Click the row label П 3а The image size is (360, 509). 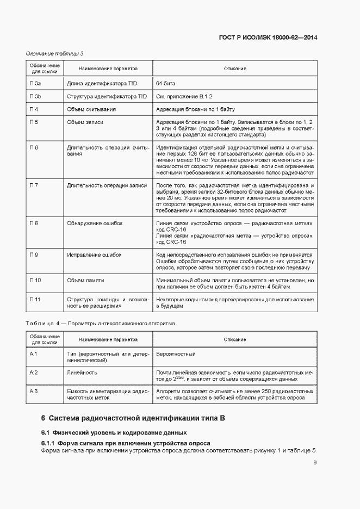(x=36, y=83)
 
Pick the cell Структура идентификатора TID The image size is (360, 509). (x=107, y=96)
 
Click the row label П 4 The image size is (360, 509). (x=34, y=109)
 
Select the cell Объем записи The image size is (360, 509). (x=85, y=122)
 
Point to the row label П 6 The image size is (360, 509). (x=34, y=148)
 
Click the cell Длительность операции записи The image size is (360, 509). (x=107, y=185)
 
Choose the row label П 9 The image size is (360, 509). (x=34, y=254)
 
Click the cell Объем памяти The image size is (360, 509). (x=85, y=280)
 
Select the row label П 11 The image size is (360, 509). (x=35, y=300)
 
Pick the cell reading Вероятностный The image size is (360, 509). (x=176, y=354)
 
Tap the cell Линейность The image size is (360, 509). (x=82, y=373)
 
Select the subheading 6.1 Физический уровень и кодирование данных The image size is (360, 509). (x=114, y=433)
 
